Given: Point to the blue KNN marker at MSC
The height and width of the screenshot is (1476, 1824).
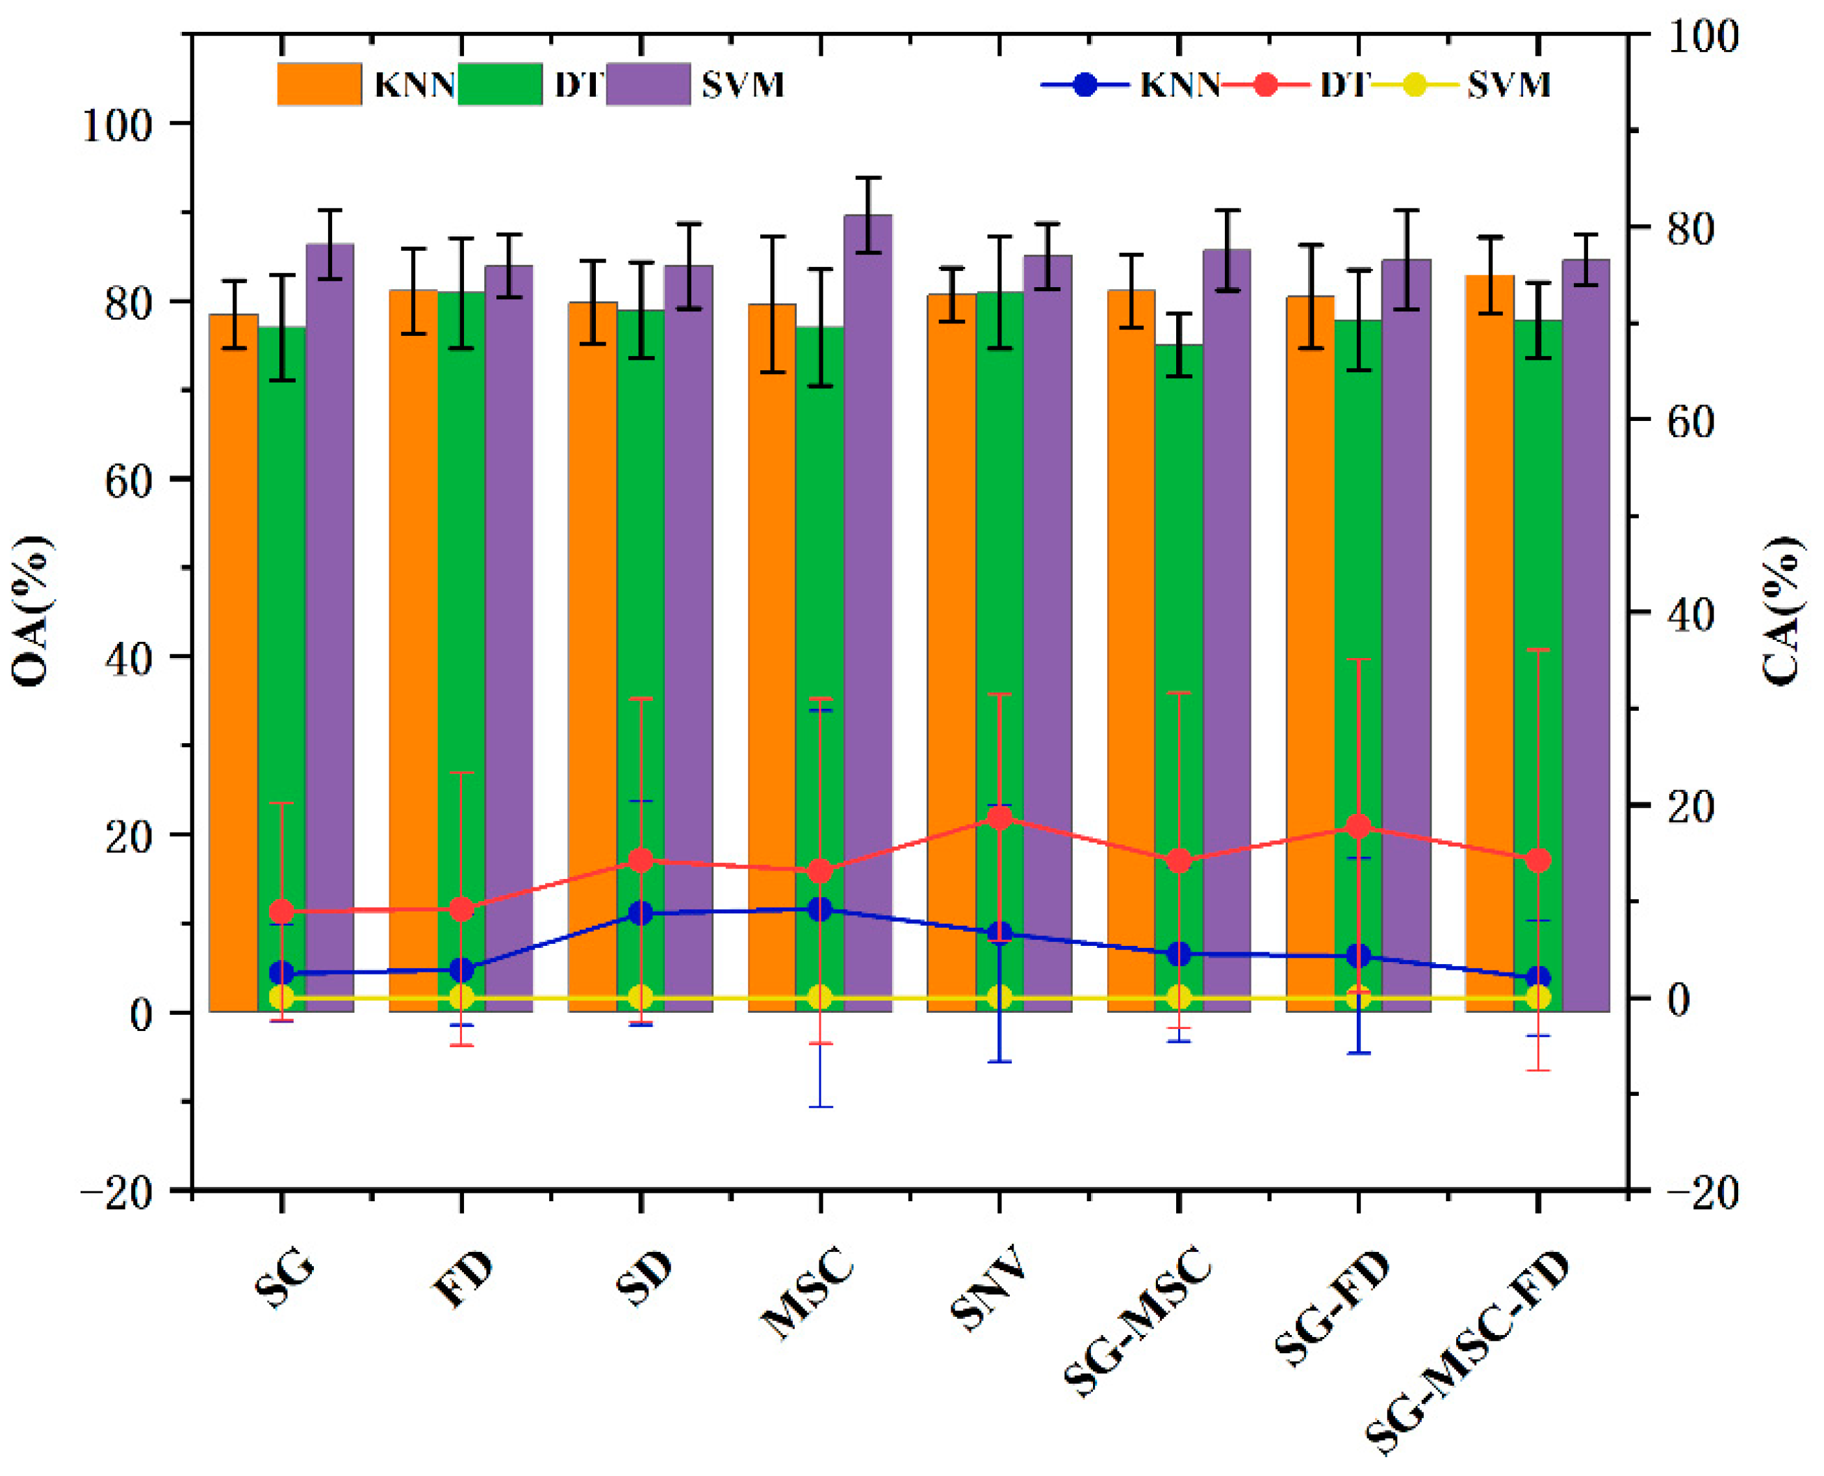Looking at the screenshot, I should (820, 910).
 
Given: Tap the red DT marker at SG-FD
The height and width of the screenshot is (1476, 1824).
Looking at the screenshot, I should (1358, 826).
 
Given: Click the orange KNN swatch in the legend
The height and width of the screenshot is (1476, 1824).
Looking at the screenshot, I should (319, 84).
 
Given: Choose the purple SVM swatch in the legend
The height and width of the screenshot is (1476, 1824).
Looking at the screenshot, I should (648, 84).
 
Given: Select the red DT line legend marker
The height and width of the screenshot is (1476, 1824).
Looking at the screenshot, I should (1265, 85).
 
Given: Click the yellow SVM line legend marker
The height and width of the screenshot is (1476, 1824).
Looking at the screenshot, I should (1413, 85).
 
